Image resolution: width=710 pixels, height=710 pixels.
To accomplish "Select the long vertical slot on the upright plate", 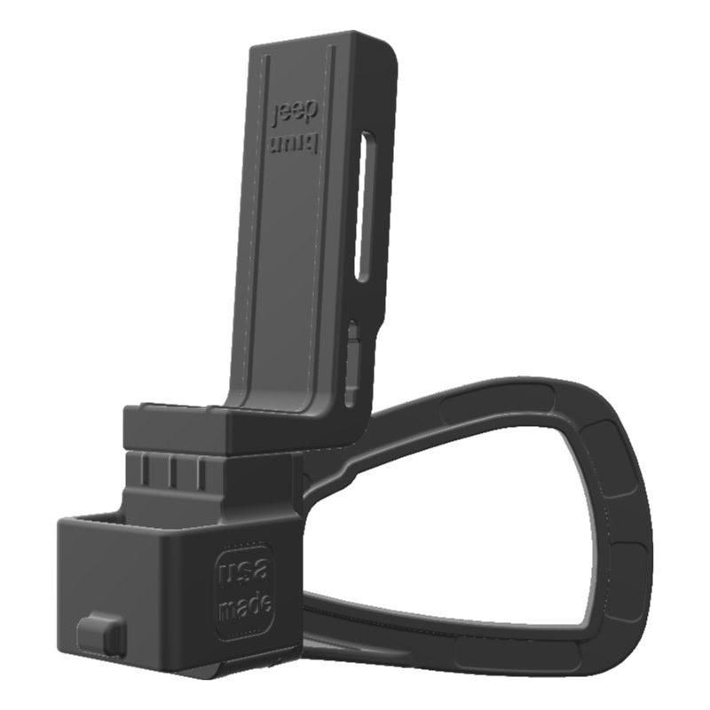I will pyautogui.click(x=363, y=206).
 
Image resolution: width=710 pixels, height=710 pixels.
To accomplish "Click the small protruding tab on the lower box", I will pyautogui.click(x=99, y=634).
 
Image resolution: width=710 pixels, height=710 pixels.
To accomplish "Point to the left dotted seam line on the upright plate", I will pyautogui.click(x=256, y=222).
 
